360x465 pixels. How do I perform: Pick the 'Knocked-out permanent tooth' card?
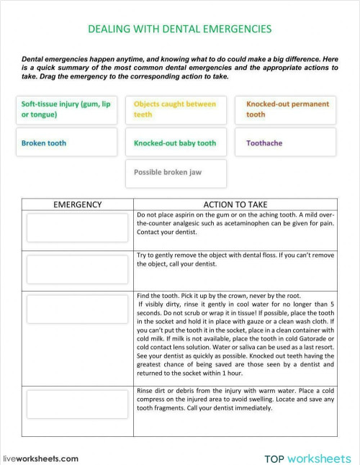[x=287, y=109]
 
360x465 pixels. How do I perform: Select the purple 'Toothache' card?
[x=287, y=143]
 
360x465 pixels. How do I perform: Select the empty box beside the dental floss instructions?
[x=77, y=269]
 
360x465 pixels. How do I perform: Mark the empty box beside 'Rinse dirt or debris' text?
[x=77, y=405]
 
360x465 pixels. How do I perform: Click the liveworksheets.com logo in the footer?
[x=41, y=458]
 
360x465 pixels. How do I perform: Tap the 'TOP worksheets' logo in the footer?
[x=307, y=458]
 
